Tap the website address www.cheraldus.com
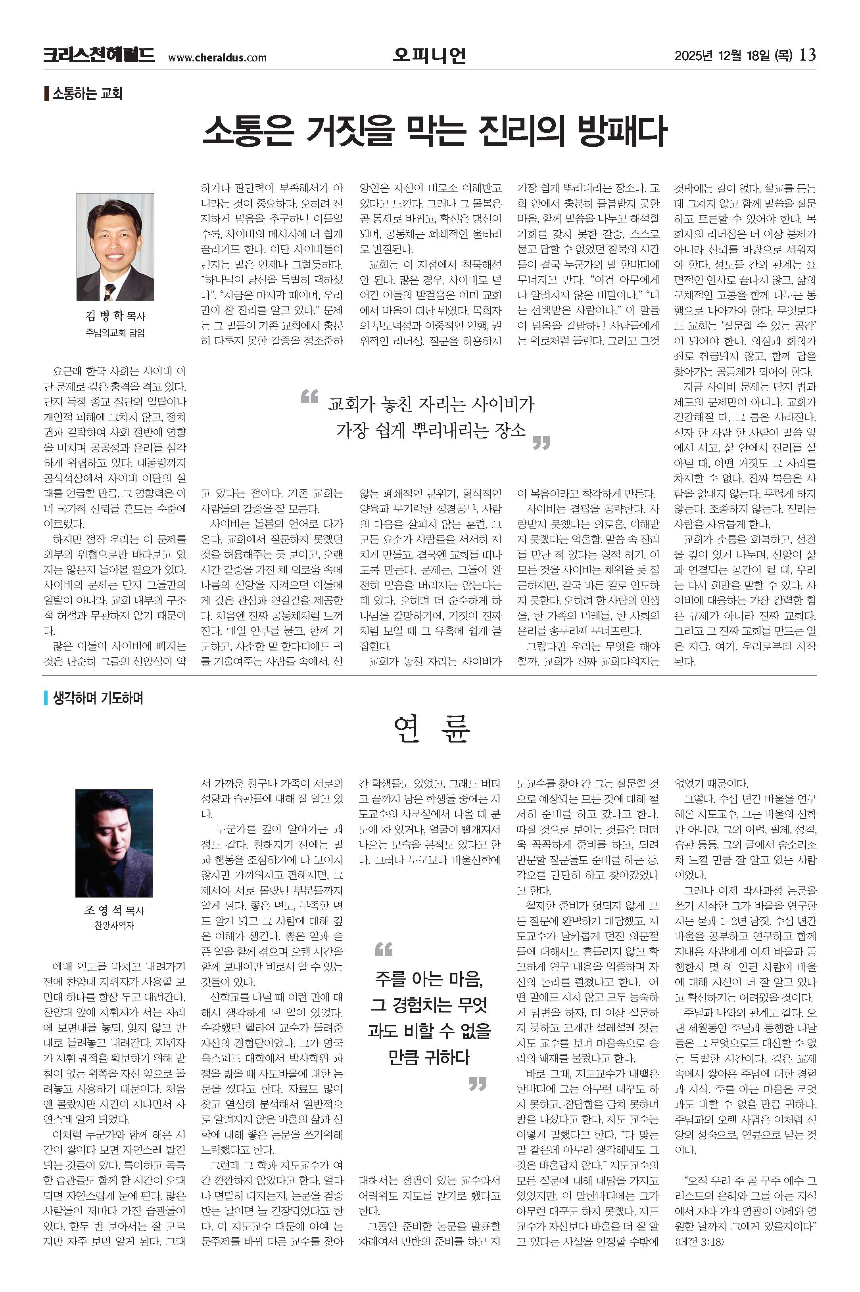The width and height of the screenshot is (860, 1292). [217, 57]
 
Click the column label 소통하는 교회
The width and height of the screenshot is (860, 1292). [86, 93]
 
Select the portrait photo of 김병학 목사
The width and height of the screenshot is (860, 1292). [115, 247]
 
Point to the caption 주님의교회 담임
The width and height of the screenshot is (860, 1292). [115, 333]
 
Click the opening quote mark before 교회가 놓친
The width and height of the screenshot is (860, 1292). [310, 396]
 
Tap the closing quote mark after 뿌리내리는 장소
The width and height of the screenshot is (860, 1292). [541, 442]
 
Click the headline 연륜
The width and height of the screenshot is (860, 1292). [431, 729]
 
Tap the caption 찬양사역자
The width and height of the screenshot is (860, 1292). [114, 925]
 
